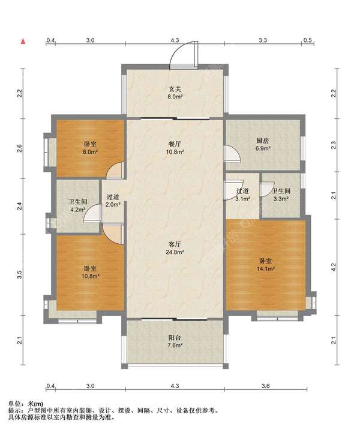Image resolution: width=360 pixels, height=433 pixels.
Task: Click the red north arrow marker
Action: point(23,41)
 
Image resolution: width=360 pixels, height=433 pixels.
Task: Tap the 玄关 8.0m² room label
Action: point(175,92)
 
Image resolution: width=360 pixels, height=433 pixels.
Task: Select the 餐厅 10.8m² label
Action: point(175,148)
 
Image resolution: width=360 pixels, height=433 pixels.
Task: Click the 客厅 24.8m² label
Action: point(175,248)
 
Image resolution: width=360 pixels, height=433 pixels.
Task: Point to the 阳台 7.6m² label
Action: point(175,341)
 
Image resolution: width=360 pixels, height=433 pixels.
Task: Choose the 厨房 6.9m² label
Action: point(263,144)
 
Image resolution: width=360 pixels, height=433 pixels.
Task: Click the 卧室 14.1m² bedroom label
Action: point(265,265)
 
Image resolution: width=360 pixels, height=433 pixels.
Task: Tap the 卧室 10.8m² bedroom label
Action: point(90,272)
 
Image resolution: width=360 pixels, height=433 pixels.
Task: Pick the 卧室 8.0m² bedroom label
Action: point(90,148)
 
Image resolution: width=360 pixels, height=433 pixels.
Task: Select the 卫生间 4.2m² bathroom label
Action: point(78,205)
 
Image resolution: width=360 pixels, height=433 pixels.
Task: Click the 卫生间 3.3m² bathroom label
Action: point(281,195)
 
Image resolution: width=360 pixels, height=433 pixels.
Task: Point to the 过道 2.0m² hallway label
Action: point(113,201)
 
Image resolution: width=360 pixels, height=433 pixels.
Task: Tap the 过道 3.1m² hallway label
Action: point(243,195)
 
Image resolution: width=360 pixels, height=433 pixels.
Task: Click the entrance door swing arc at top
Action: point(173,52)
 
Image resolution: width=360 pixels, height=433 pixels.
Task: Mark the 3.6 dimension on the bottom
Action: point(265,386)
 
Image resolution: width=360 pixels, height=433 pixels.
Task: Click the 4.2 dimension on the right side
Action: point(334,267)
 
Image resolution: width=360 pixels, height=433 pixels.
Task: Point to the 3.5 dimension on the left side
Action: point(19,274)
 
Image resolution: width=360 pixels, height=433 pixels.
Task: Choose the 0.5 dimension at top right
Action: point(308,40)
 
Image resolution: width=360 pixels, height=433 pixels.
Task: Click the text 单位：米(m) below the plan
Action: point(26,404)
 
